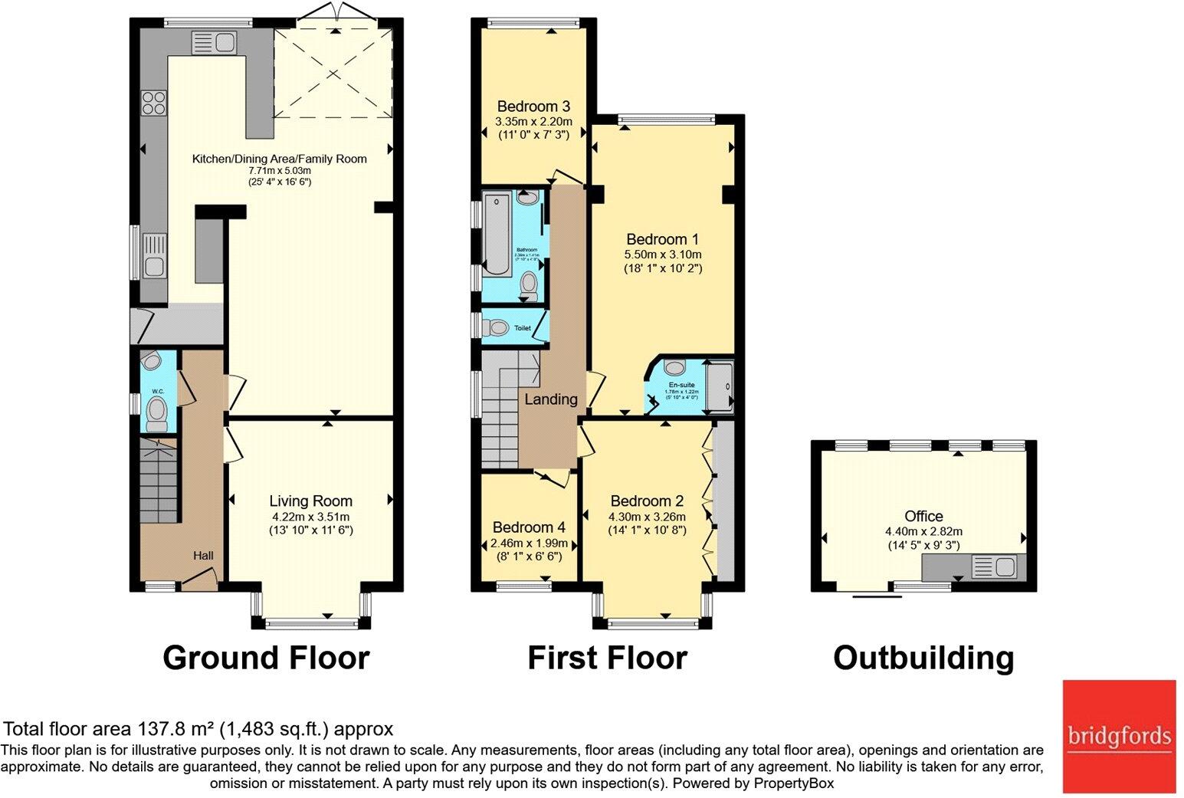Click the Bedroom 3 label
[x=533, y=107]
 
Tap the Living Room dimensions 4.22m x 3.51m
[x=310, y=516]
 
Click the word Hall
[x=203, y=556]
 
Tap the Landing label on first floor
[x=550, y=399]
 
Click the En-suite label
[x=681, y=384]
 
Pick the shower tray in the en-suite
[x=718, y=387]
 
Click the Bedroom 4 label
[x=529, y=527]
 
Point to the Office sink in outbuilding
[x=993, y=568]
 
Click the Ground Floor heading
[x=266, y=658]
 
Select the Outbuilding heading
[x=923, y=658]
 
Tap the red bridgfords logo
[x=1119, y=736]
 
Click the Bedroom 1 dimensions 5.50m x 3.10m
[x=664, y=255]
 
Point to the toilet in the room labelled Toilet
[x=497, y=328]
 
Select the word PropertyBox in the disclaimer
[x=794, y=783]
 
